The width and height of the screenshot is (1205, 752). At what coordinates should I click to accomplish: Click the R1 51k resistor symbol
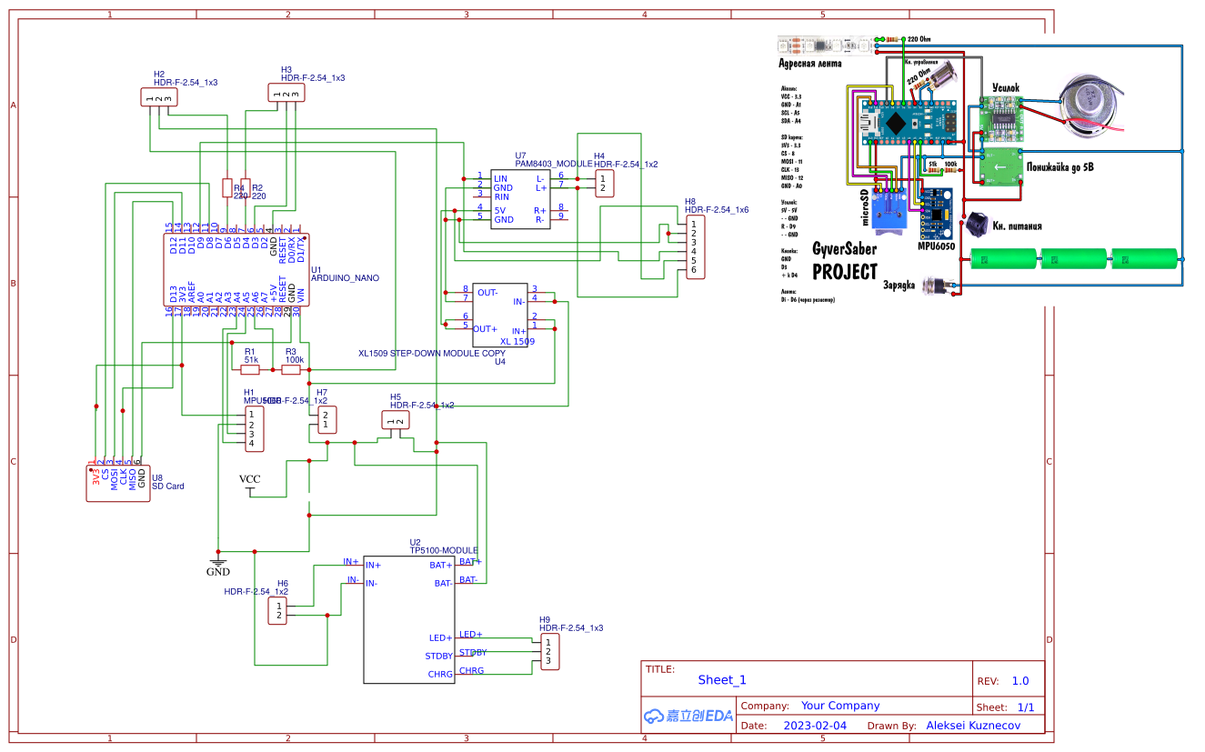tap(250, 370)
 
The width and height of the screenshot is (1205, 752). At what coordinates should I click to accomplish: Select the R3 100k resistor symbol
tap(293, 370)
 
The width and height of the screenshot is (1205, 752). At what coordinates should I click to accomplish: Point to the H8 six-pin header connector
tap(693, 247)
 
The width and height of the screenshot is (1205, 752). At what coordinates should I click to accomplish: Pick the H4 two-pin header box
tap(602, 184)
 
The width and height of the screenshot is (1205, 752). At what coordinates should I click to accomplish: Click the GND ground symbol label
tap(217, 572)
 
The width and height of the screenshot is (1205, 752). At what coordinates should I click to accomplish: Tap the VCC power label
tap(249, 479)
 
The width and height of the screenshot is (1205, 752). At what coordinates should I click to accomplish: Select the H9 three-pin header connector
tap(548, 652)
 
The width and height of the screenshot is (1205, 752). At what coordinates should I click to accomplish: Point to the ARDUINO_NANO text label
tap(345, 278)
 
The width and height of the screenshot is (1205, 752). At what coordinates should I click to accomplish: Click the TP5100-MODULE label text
tap(444, 551)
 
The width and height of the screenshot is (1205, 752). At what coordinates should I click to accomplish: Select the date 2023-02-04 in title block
tap(814, 726)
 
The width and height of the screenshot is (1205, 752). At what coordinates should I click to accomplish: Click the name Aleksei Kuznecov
tap(973, 726)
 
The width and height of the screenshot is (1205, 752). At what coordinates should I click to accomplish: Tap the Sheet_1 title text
tap(722, 679)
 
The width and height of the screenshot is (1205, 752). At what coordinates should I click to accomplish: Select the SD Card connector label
tap(167, 486)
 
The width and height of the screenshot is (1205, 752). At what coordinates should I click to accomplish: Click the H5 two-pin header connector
tap(395, 419)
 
